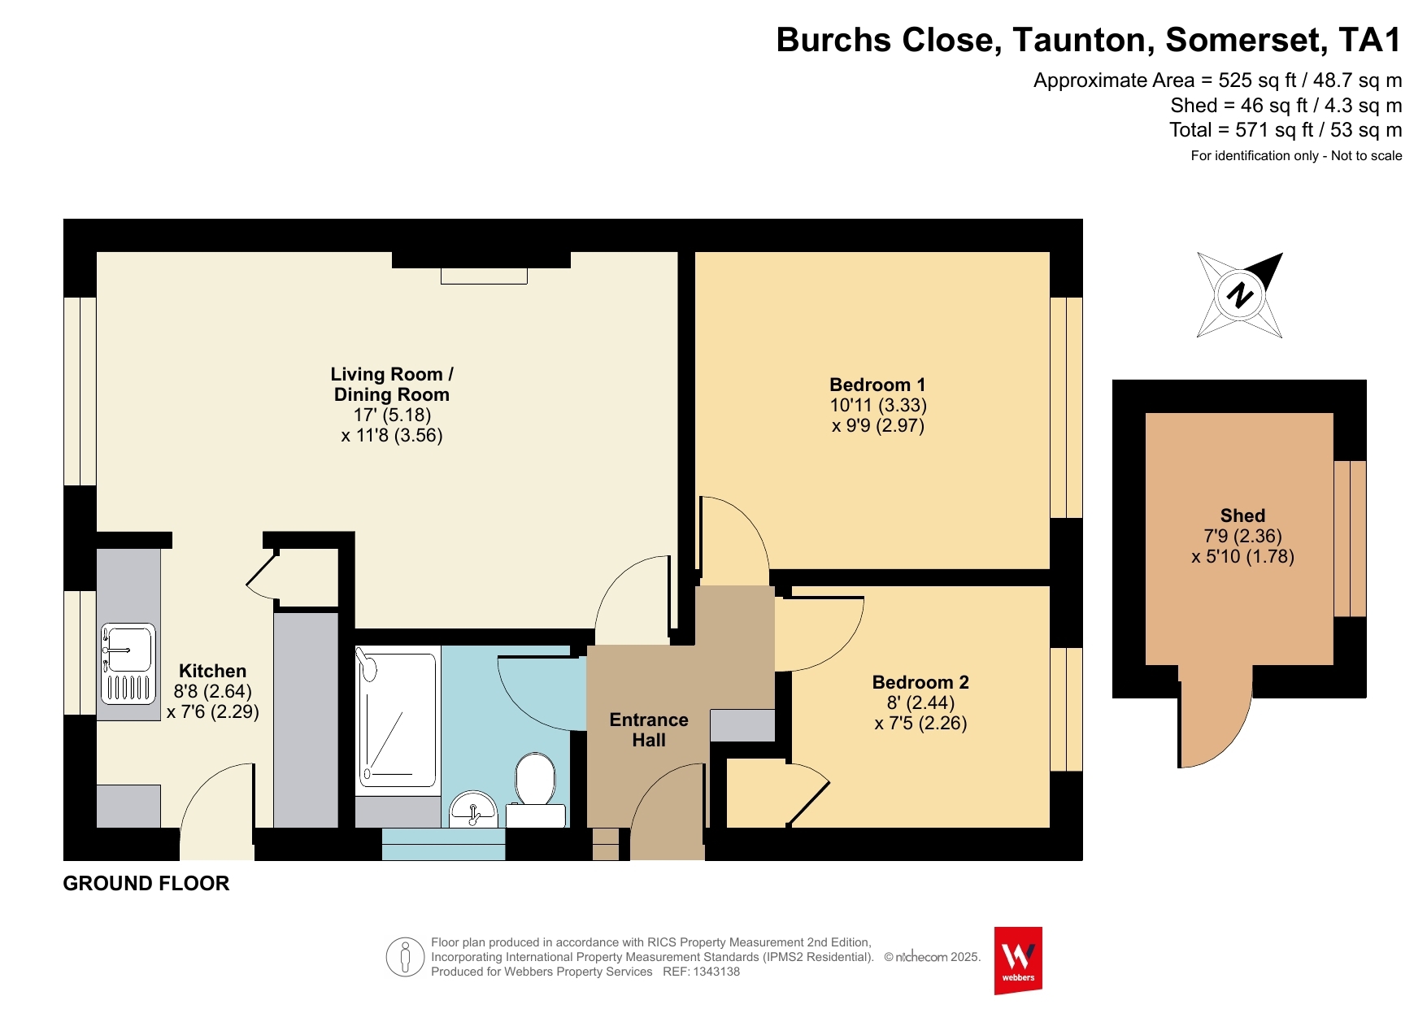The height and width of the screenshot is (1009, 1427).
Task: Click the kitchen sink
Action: pyautogui.click(x=128, y=663)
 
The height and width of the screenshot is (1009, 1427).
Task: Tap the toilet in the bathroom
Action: pyautogui.click(x=535, y=790)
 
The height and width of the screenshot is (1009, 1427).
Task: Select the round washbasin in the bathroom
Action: pyautogui.click(x=473, y=809)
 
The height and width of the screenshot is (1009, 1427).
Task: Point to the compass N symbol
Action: pyautogui.click(x=1240, y=294)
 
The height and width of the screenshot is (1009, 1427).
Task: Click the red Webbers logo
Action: pyautogui.click(x=1018, y=960)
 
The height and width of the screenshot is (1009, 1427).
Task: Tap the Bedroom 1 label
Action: pyautogui.click(x=877, y=385)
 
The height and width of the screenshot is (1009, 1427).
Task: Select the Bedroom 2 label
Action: pyautogui.click(x=920, y=682)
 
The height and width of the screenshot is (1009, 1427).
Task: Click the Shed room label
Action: pyautogui.click(x=1242, y=515)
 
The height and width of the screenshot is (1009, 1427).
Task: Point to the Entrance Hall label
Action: pyautogui.click(x=649, y=730)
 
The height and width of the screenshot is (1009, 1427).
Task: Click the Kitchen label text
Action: pyautogui.click(x=212, y=671)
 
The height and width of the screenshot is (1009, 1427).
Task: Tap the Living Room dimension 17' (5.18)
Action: pyautogui.click(x=392, y=415)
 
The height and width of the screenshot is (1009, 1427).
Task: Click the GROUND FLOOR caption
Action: pyautogui.click(x=146, y=883)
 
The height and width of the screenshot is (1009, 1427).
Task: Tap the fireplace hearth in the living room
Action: pyautogui.click(x=484, y=276)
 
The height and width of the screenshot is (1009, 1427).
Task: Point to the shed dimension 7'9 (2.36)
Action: pyautogui.click(x=1242, y=536)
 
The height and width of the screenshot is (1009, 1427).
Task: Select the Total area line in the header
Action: pyautogui.click(x=1286, y=130)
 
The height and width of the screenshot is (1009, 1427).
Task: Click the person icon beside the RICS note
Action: pyautogui.click(x=405, y=957)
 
